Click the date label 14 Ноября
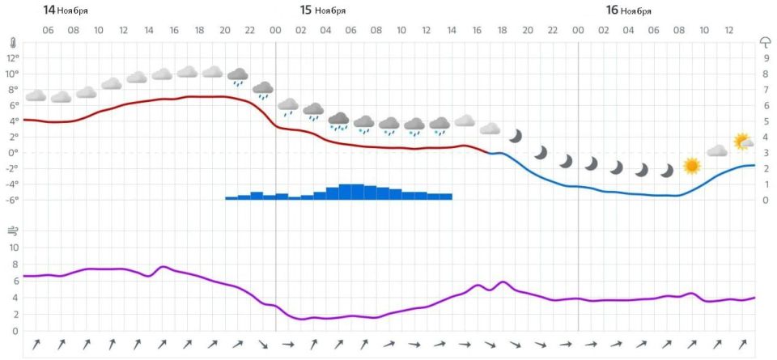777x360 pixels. (x=66, y=11)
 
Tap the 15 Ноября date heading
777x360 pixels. (x=322, y=11)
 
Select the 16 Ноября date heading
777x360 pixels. (x=628, y=11)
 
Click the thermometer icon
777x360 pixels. (x=13, y=42)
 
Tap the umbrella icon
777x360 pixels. (x=765, y=42)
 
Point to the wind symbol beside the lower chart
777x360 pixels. (x=13, y=231)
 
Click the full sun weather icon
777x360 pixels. (x=691, y=166)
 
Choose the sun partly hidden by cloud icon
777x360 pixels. (x=742, y=142)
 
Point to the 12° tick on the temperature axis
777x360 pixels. (x=12, y=58)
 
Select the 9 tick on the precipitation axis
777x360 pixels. (x=766, y=58)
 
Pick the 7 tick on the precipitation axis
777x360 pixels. (x=766, y=90)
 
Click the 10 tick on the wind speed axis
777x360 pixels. (x=13, y=248)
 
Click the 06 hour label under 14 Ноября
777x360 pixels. (x=48, y=31)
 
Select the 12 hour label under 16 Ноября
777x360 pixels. (x=729, y=31)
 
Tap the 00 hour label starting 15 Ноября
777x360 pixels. (x=275, y=31)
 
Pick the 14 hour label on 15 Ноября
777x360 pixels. (x=452, y=31)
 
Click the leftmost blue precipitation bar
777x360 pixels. (x=231, y=197)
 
